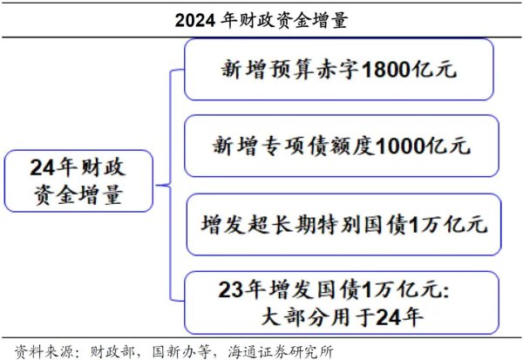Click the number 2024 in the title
194,21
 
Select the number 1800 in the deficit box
386,70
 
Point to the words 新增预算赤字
289,70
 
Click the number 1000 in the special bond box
401,146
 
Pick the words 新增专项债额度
294,146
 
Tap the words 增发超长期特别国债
303,224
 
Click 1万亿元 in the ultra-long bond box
448,224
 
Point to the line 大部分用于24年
342,316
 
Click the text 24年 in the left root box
54,167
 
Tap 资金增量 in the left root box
78,195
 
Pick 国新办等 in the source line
181,351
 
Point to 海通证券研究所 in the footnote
281,351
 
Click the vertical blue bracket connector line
171,186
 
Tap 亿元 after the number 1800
434,70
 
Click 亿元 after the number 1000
449,146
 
